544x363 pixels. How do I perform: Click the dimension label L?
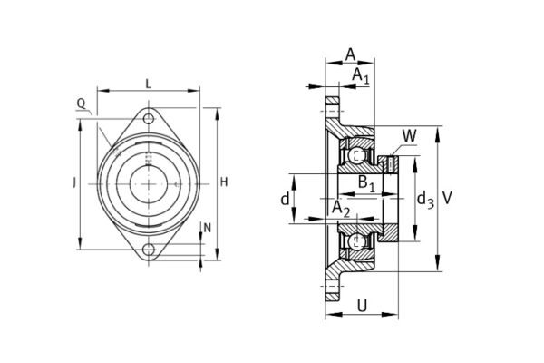[148, 83]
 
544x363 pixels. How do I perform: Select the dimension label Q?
[82, 104]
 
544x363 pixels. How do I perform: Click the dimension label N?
[208, 228]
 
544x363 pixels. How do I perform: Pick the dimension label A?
[350, 54]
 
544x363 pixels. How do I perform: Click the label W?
[409, 136]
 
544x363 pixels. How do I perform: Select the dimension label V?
[448, 198]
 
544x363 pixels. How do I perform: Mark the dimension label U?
[363, 306]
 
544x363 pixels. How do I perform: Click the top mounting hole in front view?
[148, 118]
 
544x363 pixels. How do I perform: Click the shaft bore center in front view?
[148, 184]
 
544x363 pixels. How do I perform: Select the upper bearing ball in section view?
[359, 155]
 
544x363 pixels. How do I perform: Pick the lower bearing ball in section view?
[359, 241]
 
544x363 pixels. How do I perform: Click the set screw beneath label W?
[393, 163]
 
